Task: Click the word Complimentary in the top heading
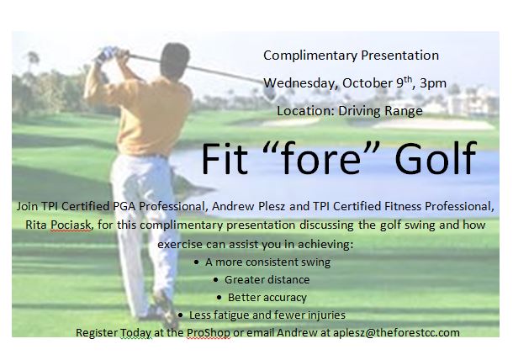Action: (310, 56)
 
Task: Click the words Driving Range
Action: (380, 111)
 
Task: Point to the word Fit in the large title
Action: (225, 158)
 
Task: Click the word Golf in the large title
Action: (436, 158)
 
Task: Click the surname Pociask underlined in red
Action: (71, 225)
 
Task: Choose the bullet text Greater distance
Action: (267, 280)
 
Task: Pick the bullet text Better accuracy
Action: (267, 298)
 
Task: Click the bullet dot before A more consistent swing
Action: (196, 262)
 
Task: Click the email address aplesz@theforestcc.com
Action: (396, 333)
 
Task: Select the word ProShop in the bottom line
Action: (209, 333)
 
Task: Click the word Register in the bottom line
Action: (97, 333)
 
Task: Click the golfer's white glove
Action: (106, 55)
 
